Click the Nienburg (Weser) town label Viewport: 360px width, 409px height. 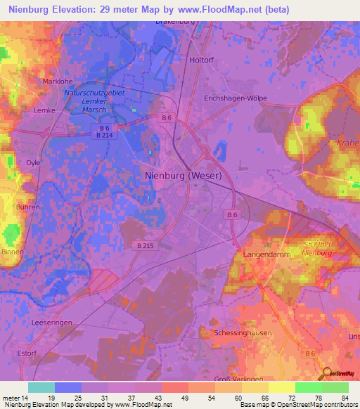[x=184, y=176]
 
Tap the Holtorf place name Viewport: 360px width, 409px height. [x=202, y=60]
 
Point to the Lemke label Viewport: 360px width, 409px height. [x=44, y=110]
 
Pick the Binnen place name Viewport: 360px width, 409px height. [x=13, y=251]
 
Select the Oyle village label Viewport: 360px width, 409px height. [x=33, y=162]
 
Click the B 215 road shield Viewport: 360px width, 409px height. [x=141, y=245]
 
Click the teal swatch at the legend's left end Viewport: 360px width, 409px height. [x=41, y=387]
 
